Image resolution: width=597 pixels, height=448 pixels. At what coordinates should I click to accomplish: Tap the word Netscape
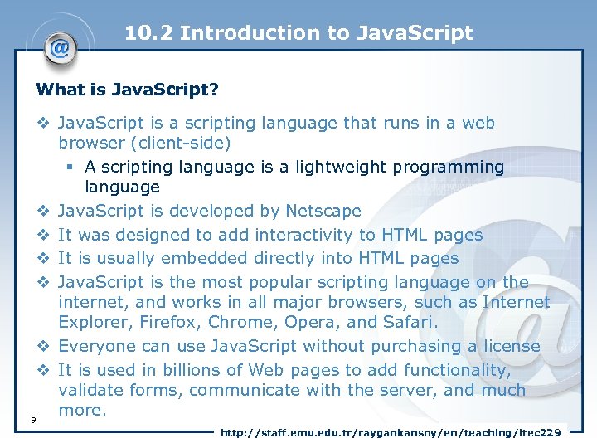pyautogui.click(x=323, y=212)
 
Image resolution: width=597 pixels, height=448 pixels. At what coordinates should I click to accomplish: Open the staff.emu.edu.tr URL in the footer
pyautogui.click(x=391, y=432)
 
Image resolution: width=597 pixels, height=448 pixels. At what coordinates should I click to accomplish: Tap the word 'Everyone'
pyautogui.click(x=96, y=346)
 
